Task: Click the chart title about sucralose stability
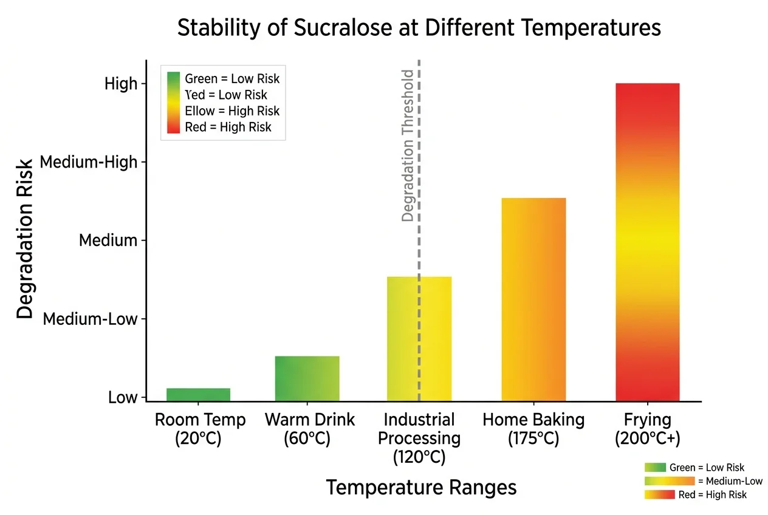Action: [419, 28]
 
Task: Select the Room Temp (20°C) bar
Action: [198, 394]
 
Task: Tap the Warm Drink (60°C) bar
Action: [307, 378]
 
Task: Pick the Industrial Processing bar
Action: [419, 338]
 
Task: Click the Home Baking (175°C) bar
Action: [533, 299]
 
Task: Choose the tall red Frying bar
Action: [647, 242]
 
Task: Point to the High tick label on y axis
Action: [121, 84]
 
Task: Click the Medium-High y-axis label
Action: [89, 162]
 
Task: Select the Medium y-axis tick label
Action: [108, 240]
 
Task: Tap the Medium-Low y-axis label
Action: [90, 319]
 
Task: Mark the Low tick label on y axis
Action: [123, 398]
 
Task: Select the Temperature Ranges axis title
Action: [421, 487]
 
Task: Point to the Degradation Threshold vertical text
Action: [408, 146]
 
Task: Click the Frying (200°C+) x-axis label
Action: [647, 429]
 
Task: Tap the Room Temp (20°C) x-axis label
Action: [200, 429]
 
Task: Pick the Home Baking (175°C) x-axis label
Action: [533, 429]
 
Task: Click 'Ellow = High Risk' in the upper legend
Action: [232, 111]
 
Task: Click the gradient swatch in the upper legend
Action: [174, 102]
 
